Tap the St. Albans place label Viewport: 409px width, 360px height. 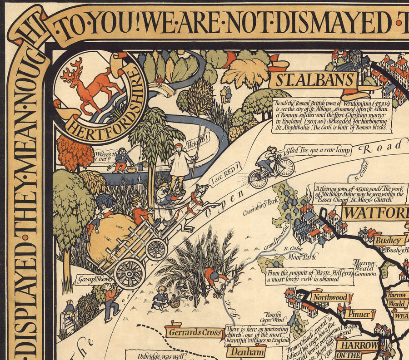[313, 81]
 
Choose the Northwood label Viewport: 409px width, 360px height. [331, 298]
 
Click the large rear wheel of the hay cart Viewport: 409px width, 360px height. [130, 273]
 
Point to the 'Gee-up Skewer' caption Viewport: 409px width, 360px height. [94, 279]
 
